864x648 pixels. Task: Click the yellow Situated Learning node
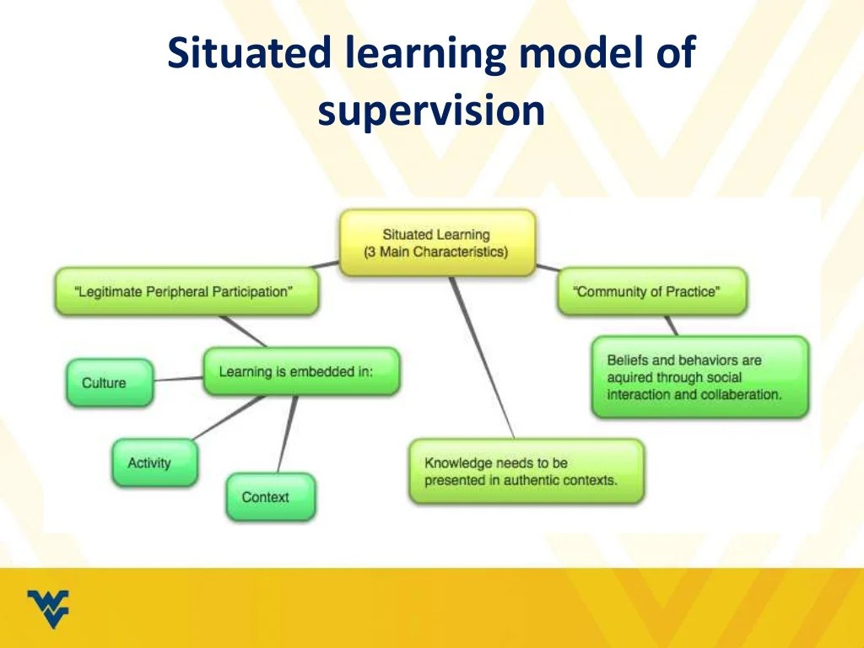437,243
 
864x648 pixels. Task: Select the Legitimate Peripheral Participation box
186,292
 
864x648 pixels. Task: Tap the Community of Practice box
651,292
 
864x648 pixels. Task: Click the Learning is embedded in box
301,371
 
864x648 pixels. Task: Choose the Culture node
110,382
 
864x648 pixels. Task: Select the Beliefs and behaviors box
699,377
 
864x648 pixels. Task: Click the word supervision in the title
431,111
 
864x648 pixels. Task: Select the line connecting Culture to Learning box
179,379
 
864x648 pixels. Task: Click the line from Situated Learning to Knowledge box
482,354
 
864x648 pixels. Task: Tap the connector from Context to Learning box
289,434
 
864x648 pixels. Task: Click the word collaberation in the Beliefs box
738,394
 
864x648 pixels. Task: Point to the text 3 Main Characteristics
436,252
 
